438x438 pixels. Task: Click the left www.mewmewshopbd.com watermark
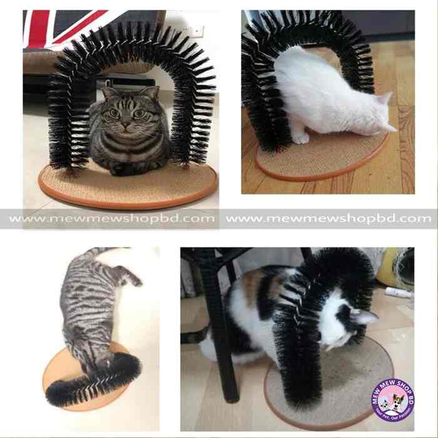113,219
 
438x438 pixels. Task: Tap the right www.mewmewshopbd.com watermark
328,219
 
